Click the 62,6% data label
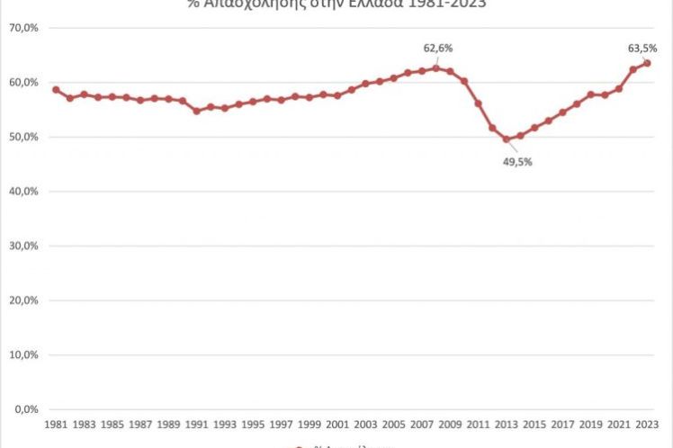(x=438, y=48)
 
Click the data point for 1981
(x=56, y=90)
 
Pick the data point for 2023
(x=647, y=63)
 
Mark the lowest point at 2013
(x=506, y=139)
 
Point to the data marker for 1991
(x=196, y=111)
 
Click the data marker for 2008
(x=435, y=68)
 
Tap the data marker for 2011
(x=478, y=103)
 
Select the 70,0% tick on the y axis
(x=23, y=28)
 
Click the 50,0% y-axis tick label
(x=23, y=137)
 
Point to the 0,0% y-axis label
(x=26, y=409)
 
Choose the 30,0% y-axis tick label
(x=23, y=246)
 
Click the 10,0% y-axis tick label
(x=23, y=354)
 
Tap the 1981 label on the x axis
(x=56, y=424)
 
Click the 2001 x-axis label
(x=337, y=424)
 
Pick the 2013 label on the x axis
(x=506, y=424)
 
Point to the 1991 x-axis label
(x=196, y=424)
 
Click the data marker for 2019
(x=590, y=94)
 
